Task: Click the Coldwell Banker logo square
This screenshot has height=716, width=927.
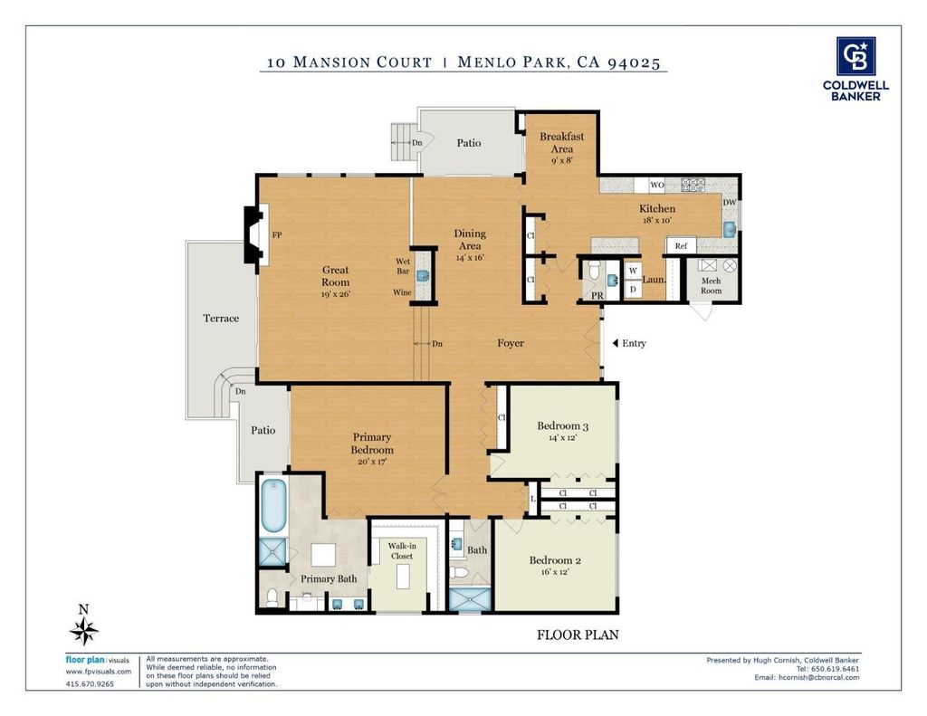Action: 855,56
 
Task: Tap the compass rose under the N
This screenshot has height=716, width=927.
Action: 84,631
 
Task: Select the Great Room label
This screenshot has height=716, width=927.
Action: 335,276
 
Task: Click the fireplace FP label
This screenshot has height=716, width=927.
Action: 277,234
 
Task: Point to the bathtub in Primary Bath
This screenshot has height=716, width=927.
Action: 273,505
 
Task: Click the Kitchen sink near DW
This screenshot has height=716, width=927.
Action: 730,229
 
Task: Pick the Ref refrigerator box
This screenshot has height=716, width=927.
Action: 681,245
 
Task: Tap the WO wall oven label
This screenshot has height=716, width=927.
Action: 657,185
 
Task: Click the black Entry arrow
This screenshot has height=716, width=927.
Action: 616,343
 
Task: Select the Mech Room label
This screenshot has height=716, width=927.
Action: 712,285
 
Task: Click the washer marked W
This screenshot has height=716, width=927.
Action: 633,271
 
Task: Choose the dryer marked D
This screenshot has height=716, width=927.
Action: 633,289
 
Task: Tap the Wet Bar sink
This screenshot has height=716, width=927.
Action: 423,275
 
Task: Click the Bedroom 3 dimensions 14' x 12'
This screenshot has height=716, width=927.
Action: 562,437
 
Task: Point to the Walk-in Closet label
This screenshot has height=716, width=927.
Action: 402,551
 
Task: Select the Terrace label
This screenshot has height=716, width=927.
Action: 221,318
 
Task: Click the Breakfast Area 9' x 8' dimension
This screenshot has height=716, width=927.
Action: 561,160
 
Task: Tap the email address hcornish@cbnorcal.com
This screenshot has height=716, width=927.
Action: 818,677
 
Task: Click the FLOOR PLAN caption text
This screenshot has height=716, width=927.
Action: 578,635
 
